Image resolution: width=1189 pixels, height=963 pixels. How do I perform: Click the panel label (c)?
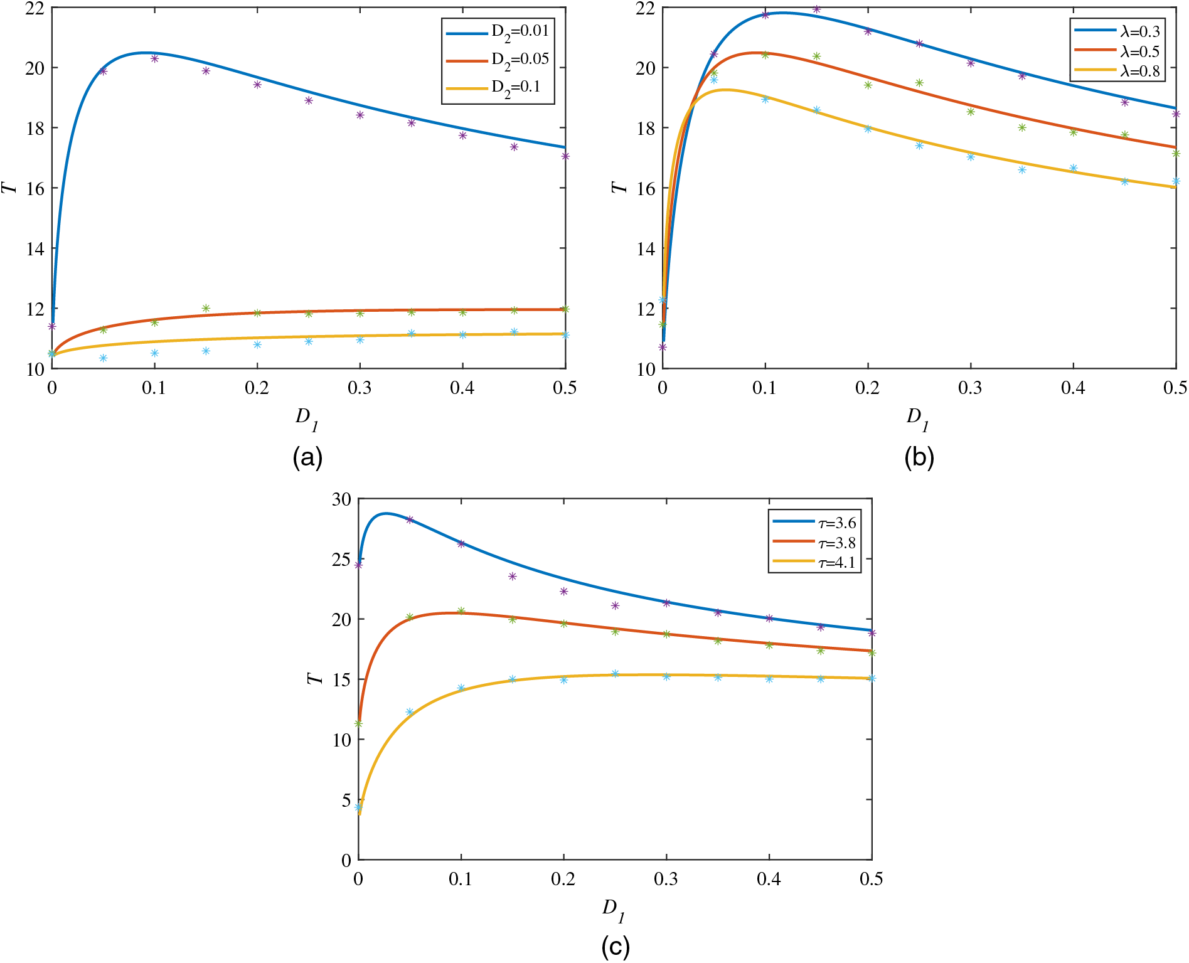pos(615,946)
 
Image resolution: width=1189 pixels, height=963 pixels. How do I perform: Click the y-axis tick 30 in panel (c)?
pos(342,499)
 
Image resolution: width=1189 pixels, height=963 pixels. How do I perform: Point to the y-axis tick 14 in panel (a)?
pos(35,248)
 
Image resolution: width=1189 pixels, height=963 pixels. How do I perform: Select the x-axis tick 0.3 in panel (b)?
pos(970,388)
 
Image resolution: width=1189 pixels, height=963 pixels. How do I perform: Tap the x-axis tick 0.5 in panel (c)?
pos(871,879)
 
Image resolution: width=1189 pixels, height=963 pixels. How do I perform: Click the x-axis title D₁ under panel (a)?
pos(307,419)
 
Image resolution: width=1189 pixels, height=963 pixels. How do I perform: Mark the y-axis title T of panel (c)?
pos(314,679)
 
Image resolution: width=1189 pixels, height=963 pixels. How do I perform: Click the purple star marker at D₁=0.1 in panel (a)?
pos(154,58)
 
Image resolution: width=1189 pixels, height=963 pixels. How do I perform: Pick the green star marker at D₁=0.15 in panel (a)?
pos(206,308)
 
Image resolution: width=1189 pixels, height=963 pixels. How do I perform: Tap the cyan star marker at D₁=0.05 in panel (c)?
pos(410,712)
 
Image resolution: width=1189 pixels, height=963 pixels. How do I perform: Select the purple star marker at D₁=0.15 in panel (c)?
pos(512,576)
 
